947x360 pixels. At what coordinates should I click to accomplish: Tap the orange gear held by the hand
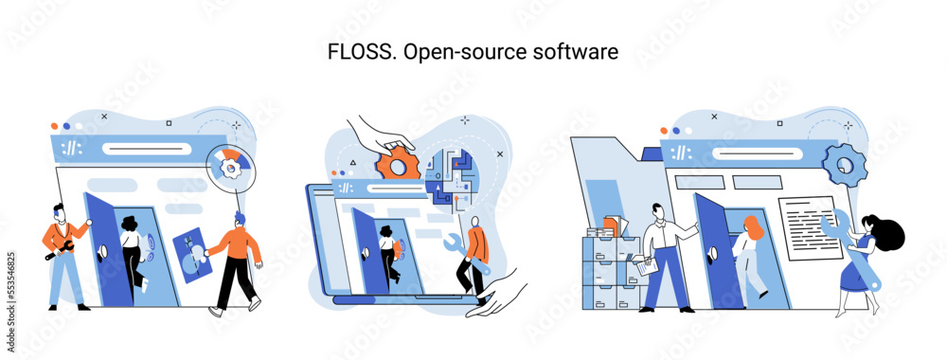(x=398, y=164)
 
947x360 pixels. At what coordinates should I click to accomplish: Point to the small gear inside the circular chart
(x=229, y=168)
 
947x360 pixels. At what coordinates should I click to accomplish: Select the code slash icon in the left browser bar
(x=71, y=149)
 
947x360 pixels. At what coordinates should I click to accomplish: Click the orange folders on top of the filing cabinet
(x=610, y=225)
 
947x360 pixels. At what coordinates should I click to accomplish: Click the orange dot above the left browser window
(x=55, y=125)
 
